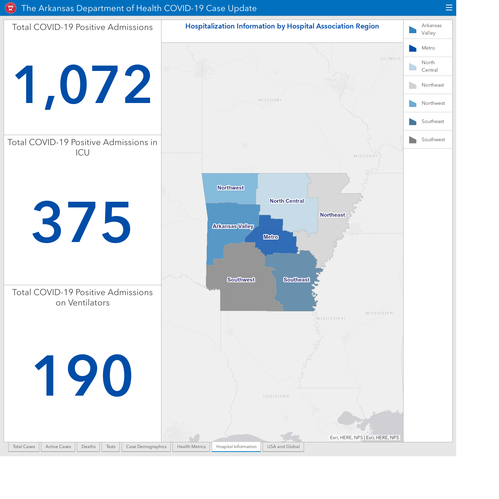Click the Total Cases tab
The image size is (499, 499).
[24, 447]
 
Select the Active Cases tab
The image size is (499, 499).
[58, 447]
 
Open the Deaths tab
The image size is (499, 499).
[88, 447]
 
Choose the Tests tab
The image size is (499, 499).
[111, 447]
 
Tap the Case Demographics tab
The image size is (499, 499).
[146, 447]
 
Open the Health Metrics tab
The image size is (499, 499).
[191, 447]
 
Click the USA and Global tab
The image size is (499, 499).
[283, 447]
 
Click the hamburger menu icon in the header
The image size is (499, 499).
[449, 8]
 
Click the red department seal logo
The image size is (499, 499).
[11, 8]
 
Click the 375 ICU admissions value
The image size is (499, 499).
[82, 222]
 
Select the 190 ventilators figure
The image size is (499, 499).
[83, 375]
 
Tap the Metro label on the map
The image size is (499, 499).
[271, 237]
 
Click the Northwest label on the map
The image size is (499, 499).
[231, 188]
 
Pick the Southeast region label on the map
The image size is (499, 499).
[297, 280]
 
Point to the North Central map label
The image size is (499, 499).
[287, 201]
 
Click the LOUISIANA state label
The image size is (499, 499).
[276, 396]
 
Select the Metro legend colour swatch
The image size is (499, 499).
[413, 48]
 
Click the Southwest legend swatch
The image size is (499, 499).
[413, 140]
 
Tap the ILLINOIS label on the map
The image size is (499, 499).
[391, 59]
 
